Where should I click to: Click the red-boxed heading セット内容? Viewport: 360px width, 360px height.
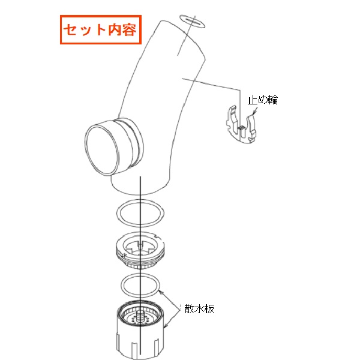(x=101, y=29)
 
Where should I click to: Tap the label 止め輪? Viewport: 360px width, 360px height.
(x=263, y=100)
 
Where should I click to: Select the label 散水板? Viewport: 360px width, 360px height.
(x=200, y=309)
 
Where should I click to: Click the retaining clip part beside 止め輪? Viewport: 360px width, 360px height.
(x=241, y=125)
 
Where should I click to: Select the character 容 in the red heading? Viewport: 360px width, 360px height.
(x=130, y=29)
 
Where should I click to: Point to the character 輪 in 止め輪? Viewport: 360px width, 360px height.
(x=273, y=100)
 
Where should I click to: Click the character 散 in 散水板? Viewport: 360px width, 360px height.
(x=190, y=309)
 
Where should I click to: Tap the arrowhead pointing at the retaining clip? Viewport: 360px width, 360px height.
(x=253, y=113)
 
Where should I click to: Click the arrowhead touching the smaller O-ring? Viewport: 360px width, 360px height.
(x=161, y=292)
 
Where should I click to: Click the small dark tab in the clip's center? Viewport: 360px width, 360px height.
(x=241, y=128)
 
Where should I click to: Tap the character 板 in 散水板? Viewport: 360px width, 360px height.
(x=209, y=309)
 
